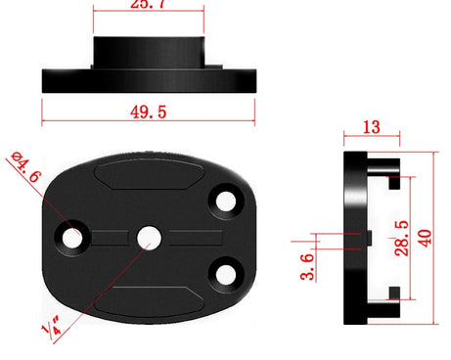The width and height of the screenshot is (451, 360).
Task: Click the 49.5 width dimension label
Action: [148, 113]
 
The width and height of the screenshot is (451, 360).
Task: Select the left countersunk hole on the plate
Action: [71, 237]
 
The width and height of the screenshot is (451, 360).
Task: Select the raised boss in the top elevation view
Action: [148, 51]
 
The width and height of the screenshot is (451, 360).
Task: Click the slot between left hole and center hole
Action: [110, 237]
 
